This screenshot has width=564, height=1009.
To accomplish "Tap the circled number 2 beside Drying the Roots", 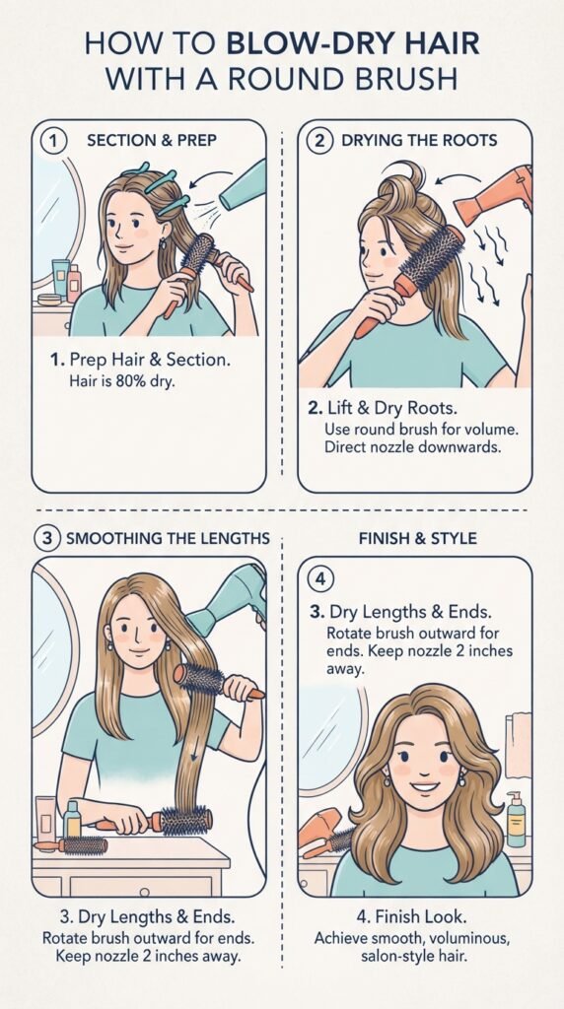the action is coord(320,141).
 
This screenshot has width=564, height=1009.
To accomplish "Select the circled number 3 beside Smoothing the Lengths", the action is coord(47,538).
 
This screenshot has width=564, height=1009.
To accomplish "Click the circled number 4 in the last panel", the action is coord(320,580).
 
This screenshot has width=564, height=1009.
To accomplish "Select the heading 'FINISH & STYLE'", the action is coord(418,538).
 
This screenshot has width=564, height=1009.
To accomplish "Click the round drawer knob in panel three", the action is coord(144,893).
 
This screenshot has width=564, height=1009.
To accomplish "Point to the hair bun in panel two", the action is coord(404,182).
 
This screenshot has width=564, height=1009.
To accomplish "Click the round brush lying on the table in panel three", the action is coord(71,844).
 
